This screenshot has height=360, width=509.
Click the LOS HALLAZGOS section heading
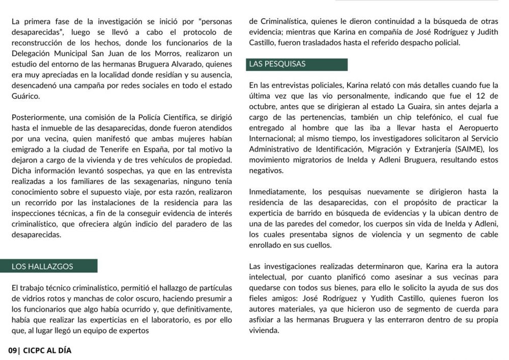(x=43, y=266)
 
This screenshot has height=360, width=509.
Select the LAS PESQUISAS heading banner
(x=277, y=64)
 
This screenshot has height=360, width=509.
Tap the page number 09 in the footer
(x=13, y=351)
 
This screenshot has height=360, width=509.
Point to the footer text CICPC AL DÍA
(x=47, y=351)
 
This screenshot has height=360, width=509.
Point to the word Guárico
(x=25, y=96)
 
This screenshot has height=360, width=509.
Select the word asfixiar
(x=263, y=320)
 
